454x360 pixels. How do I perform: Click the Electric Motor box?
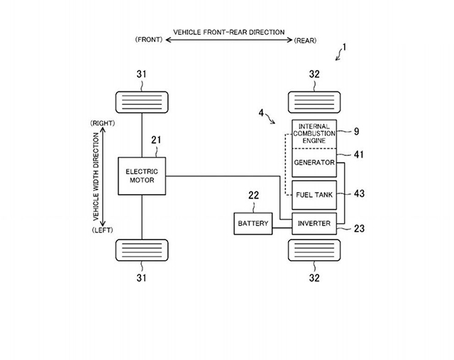click(x=141, y=176)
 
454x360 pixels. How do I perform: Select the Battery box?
click(x=253, y=224)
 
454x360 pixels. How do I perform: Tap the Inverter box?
click(x=312, y=224)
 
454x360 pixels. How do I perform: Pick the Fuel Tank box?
click(x=312, y=193)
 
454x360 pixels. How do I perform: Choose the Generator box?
click(x=312, y=162)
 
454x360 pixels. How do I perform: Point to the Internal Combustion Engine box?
click(x=312, y=133)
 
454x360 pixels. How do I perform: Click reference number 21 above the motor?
click(x=156, y=140)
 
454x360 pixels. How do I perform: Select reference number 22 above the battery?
click(x=253, y=196)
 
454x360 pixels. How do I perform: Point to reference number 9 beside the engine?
click(x=357, y=130)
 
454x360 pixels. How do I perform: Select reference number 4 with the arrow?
click(x=262, y=112)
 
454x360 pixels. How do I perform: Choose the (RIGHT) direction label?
click(x=101, y=123)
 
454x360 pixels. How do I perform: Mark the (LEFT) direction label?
click(x=101, y=230)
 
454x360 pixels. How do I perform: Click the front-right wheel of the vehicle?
click(x=142, y=103)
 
